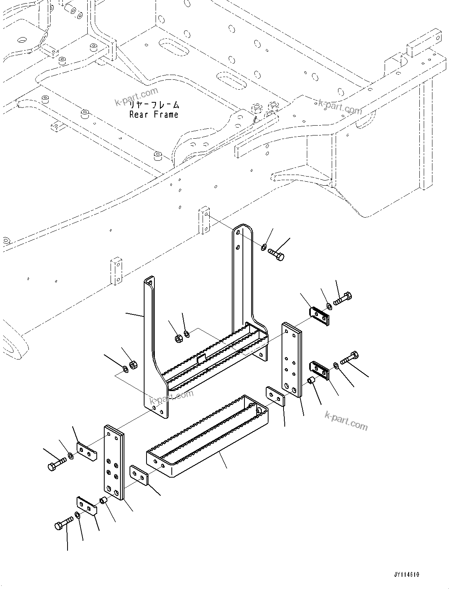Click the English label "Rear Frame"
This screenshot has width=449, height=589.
[x=154, y=115]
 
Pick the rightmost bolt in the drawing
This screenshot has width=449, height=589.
[x=349, y=358]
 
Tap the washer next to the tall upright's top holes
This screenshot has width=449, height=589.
[x=263, y=248]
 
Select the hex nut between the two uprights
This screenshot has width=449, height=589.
[x=178, y=338]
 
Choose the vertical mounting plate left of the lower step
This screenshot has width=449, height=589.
[x=114, y=462]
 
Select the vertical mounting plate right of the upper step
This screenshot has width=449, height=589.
[x=292, y=359]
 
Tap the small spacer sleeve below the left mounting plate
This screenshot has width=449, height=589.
[x=104, y=501]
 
